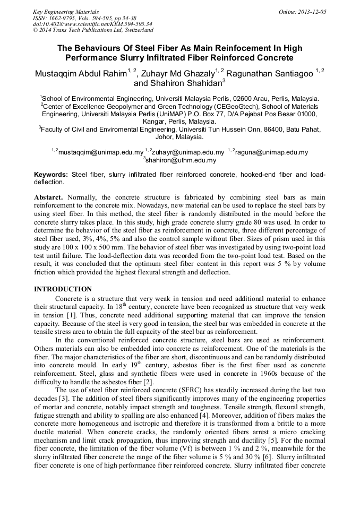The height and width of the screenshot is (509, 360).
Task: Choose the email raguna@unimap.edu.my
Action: (x=271, y=152)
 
